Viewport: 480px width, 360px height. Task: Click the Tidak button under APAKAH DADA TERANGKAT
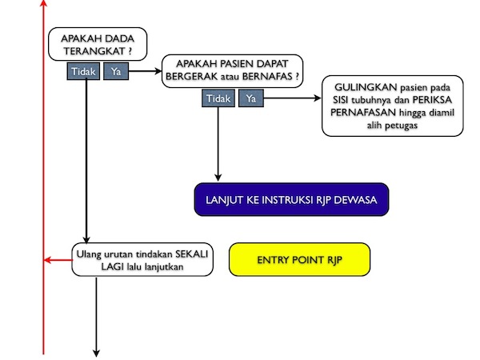[x=84, y=72]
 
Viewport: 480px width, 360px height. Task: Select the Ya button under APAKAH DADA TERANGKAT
[x=116, y=72]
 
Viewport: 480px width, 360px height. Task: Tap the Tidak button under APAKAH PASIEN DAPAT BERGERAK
[x=218, y=98]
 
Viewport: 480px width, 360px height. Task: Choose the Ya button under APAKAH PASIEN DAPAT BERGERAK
[x=250, y=98]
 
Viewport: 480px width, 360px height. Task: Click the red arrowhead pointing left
[x=48, y=259]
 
